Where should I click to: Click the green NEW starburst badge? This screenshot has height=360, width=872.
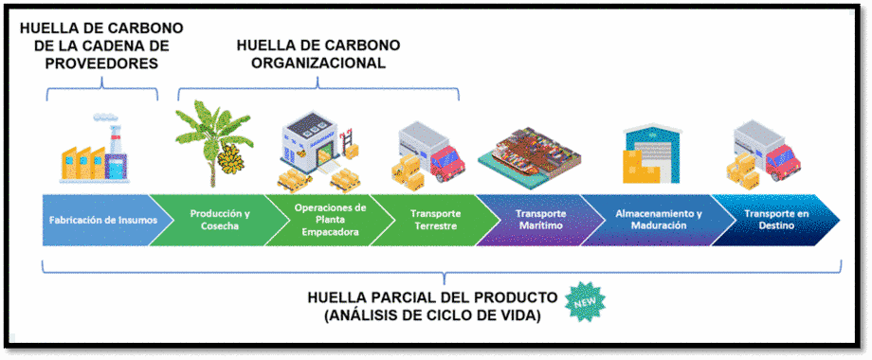585,301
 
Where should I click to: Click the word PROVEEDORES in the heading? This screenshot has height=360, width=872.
102,63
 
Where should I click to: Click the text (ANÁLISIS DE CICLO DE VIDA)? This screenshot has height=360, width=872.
432,315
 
